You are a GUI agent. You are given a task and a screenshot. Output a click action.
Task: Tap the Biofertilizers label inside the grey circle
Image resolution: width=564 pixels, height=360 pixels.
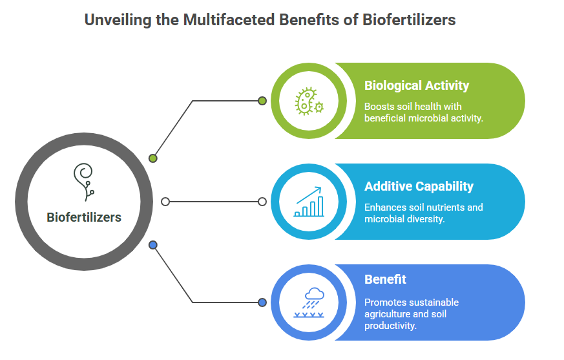click(x=84, y=217)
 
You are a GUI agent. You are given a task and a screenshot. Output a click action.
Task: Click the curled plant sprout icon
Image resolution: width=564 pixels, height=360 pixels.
click(x=84, y=182)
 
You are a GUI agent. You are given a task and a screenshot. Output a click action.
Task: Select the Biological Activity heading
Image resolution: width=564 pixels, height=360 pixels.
click(x=417, y=86)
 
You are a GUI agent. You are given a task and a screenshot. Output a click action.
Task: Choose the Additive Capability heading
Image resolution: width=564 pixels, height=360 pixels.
click(x=419, y=187)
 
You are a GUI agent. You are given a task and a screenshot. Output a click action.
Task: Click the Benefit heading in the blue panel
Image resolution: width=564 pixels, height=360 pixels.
click(x=385, y=279)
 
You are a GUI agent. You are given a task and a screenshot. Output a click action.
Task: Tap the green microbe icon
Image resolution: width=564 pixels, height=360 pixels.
click(x=309, y=101)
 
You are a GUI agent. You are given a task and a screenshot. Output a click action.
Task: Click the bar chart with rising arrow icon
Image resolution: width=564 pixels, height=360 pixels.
click(x=309, y=202)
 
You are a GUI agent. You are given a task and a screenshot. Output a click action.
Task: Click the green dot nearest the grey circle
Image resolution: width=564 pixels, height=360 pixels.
click(x=153, y=158)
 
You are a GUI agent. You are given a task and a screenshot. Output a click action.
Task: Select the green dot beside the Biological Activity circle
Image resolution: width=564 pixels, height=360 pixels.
click(x=262, y=101)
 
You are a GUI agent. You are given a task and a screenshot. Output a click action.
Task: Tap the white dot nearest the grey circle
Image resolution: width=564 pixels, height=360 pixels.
click(x=165, y=202)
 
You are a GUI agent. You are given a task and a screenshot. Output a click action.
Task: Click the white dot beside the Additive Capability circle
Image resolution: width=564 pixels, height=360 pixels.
click(x=262, y=202)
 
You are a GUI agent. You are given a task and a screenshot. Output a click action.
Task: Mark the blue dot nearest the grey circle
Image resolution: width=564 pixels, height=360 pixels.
click(x=153, y=245)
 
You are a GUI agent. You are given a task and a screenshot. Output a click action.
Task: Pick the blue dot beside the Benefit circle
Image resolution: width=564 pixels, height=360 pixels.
click(x=262, y=302)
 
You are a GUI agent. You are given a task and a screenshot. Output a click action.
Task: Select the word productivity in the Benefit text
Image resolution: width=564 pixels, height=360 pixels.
click(x=390, y=326)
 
